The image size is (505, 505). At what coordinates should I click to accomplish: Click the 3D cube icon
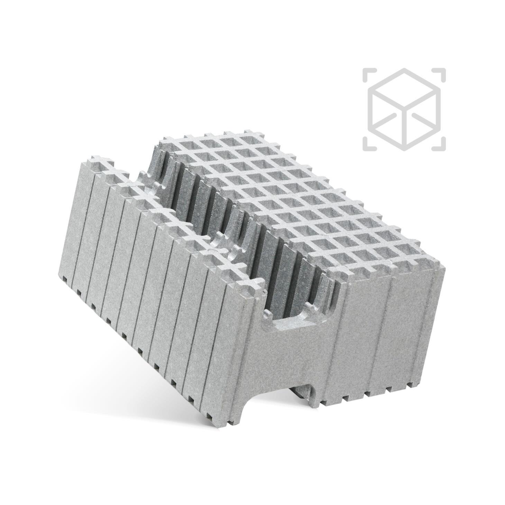point(404,109)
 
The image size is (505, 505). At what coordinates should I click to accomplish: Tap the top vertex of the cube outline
point(404,69)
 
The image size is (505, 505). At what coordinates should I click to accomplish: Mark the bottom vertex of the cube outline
point(404,148)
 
